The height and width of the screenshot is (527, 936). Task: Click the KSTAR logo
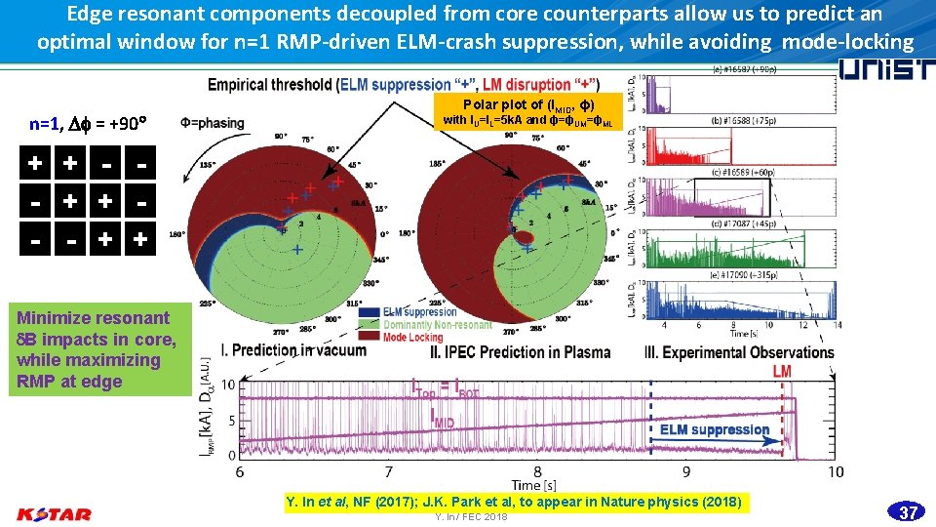tap(55, 513)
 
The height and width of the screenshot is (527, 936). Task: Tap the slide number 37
tap(908, 512)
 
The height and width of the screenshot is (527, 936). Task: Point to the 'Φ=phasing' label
tap(213, 123)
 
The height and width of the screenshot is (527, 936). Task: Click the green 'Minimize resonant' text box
tap(96, 349)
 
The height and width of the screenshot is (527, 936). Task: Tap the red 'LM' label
tap(782, 372)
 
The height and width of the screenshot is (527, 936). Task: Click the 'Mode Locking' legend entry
tap(412, 338)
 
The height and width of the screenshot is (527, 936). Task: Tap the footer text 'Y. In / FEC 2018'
tap(471, 517)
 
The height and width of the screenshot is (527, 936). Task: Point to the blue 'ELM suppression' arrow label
tap(714, 429)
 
